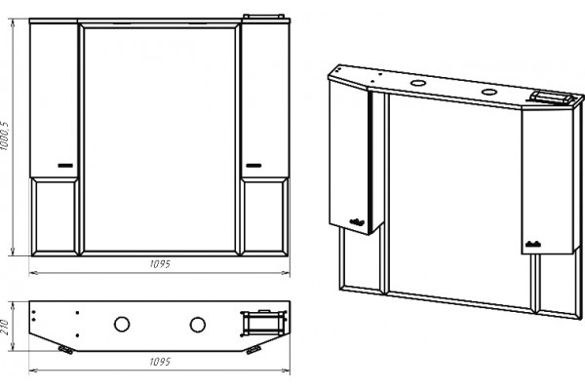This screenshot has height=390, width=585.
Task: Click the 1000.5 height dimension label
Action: [5, 136]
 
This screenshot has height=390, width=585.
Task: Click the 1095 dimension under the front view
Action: [160, 264]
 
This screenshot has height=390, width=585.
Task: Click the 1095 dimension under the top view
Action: [160, 362]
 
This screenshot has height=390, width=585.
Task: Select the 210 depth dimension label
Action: [5, 327]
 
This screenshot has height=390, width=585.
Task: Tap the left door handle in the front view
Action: [65, 166]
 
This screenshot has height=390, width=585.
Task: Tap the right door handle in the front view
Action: [253, 166]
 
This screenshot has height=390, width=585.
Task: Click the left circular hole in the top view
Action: [122, 325]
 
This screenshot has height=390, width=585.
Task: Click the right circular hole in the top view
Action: [197, 325]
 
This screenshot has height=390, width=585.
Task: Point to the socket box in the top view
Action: [263, 322]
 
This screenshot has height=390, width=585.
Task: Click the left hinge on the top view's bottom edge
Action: [65, 350]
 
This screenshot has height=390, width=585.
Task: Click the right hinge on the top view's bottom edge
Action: [253, 350]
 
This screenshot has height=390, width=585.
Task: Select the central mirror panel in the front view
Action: [160, 139]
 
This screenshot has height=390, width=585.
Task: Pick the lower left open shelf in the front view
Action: [55, 216]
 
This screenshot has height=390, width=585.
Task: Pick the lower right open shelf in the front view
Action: [265, 216]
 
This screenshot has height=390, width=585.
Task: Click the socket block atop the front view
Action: [264, 16]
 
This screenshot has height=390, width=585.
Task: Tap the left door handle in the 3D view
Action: [357, 222]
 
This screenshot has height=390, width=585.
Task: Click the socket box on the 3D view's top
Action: [552, 97]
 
